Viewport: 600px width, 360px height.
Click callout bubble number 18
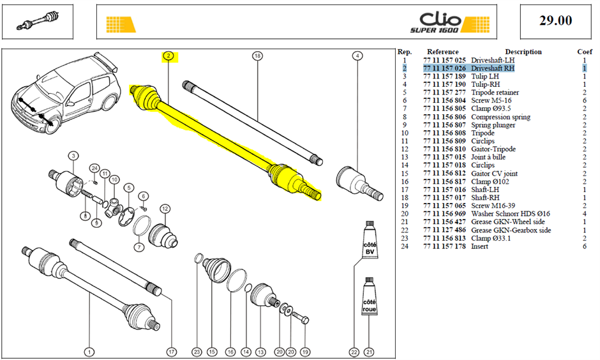(x=257, y=56)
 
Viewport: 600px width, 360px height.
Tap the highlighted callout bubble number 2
(x=168, y=56)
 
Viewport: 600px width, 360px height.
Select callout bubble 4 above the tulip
(x=357, y=56)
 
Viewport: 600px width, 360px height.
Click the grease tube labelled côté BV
(x=370, y=239)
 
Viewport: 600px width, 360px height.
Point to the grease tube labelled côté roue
(x=370, y=296)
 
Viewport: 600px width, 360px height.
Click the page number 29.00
(x=555, y=20)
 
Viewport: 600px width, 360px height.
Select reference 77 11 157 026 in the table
(x=444, y=68)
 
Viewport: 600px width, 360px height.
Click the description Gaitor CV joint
(x=495, y=174)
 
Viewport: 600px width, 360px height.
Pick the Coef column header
(x=585, y=52)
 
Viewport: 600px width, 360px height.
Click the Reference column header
(x=443, y=52)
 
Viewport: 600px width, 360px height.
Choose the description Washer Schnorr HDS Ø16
(x=511, y=214)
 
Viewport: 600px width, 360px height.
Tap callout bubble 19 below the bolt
(x=304, y=352)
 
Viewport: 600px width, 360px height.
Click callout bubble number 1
(x=89, y=352)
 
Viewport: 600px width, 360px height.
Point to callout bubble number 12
(x=165, y=209)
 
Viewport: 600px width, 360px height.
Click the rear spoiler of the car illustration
(x=106, y=61)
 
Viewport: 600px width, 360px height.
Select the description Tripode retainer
(x=495, y=93)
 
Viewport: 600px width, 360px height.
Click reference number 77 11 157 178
(x=444, y=246)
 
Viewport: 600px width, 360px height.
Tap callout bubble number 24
(x=94, y=169)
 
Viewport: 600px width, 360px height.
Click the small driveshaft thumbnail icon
(x=38, y=21)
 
